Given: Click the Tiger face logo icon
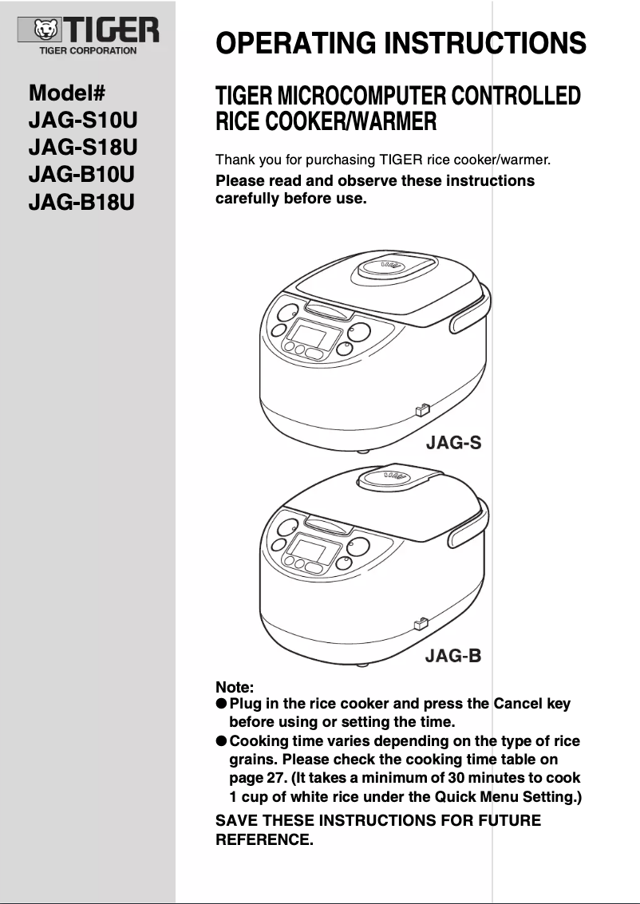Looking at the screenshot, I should (x=47, y=32).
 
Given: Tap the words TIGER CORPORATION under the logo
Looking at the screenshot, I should (x=88, y=50).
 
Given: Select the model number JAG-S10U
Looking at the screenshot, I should (x=83, y=120).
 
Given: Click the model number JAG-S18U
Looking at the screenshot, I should (x=83, y=148).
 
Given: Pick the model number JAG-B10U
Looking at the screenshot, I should (x=81, y=174).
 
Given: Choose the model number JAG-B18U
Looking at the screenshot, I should (x=81, y=201).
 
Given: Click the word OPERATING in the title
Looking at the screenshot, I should (x=295, y=42).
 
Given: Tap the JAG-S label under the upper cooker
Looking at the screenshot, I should (x=453, y=442).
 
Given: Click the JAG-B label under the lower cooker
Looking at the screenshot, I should (x=453, y=657).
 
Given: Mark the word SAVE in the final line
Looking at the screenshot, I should (x=237, y=820).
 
